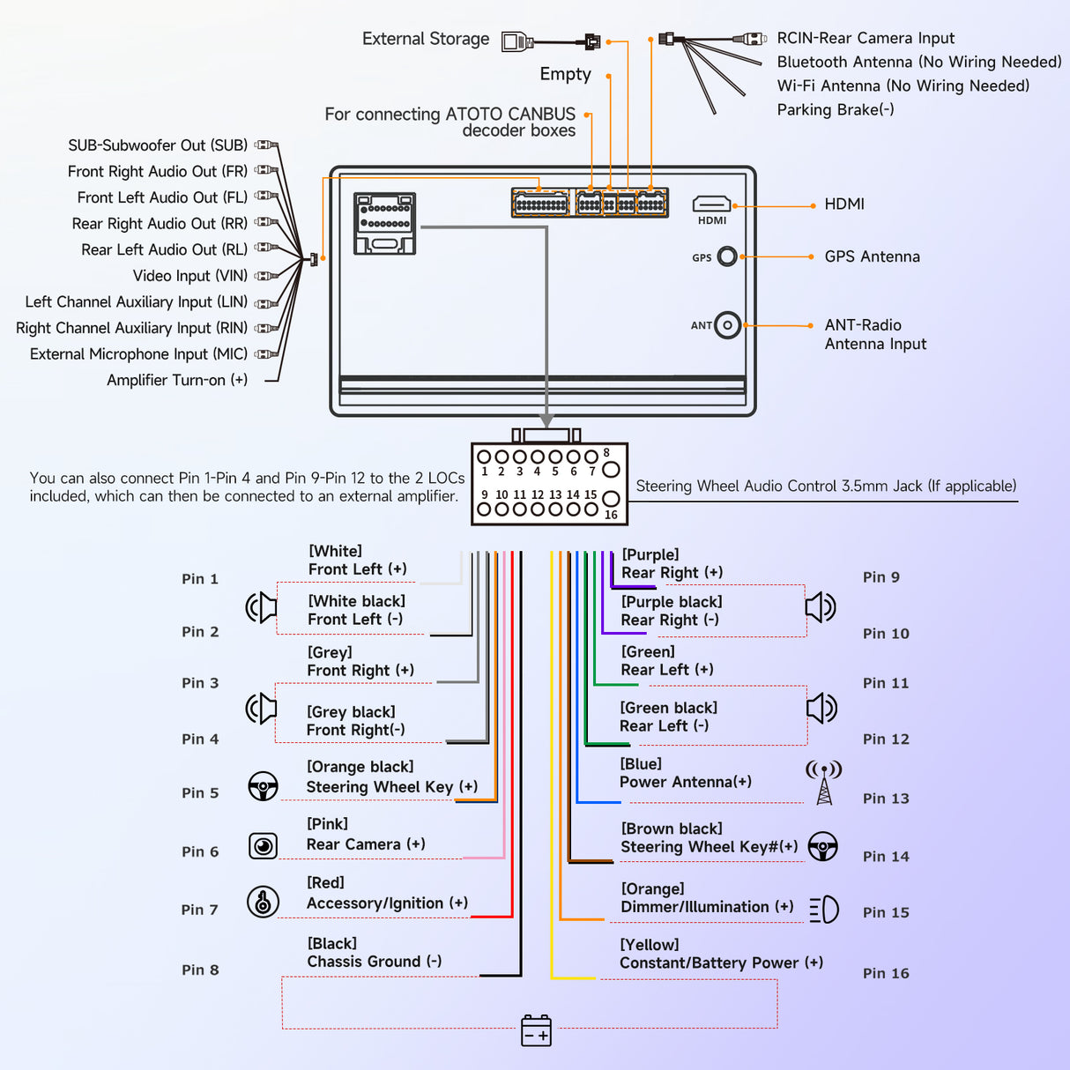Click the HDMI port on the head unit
coord(711,204)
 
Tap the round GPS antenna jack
coord(727,256)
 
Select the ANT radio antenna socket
coord(727,325)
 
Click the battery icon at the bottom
coord(536,1030)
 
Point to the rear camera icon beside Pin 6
coord(263,846)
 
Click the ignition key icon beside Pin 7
coord(263,902)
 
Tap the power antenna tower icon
coord(823,783)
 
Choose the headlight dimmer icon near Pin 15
coord(825,910)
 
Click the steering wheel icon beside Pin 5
coord(263,786)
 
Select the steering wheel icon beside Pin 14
coord(822,846)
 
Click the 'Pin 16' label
coord(886,973)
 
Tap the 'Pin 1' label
coord(200,579)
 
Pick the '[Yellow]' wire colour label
coord(650,945)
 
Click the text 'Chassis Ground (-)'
coord(375,962)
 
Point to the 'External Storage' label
coord(426,39)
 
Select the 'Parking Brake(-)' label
coord(836,109)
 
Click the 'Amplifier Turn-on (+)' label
coord(177,380)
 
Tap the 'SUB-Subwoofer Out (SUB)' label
coord(158,145)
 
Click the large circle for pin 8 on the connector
coord(611,469)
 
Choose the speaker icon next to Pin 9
coord(820,606)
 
